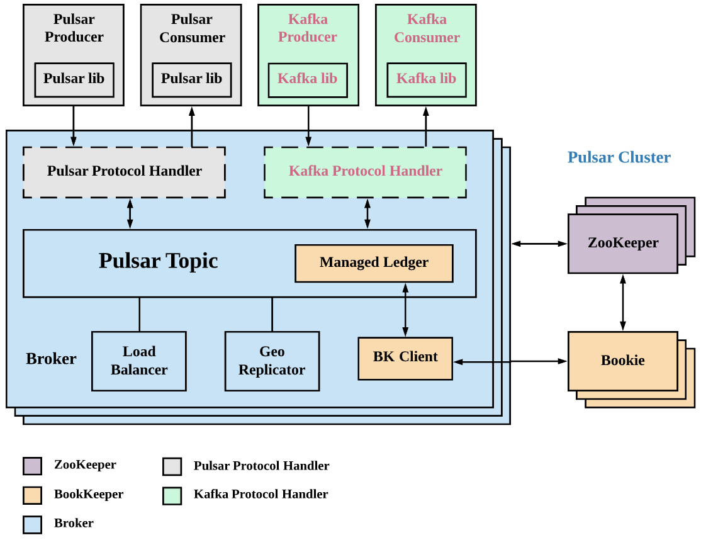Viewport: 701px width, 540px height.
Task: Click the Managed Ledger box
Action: (x=374, y=263)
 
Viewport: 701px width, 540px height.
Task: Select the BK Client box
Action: (x=405, y=358)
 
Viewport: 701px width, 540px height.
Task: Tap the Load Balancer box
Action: (x=139, y=361)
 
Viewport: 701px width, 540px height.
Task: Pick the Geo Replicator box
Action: (x=272, y=361)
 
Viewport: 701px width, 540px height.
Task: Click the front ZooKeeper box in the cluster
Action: (x=622, y=244)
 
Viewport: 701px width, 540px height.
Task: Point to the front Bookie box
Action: (x=622, y=361)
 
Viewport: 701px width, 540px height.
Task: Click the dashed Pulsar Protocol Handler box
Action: (x=124, y=172)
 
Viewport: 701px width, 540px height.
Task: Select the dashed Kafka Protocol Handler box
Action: (x=365, y=172)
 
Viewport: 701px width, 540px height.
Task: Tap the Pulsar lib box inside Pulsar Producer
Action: (x=74, y=79)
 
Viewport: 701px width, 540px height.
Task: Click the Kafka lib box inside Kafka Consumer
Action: (x=426, y=79)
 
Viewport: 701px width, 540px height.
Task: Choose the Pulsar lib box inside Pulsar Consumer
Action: (x=191, y=79)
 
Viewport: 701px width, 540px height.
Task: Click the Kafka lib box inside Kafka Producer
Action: (x=308, y=79)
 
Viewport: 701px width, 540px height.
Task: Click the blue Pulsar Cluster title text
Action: (x=619, y=157)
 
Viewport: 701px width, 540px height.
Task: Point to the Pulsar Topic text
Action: (x=158, y=261)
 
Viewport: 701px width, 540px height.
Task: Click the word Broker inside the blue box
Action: (x=51, y=359)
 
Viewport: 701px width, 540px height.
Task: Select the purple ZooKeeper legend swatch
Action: (x=32, y=466)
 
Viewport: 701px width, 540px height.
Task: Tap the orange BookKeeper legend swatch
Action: (x=32, y=495)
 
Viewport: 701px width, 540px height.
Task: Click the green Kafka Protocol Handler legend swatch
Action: (x=172, y=495)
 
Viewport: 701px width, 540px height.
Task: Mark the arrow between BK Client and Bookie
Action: (x=510, y=361)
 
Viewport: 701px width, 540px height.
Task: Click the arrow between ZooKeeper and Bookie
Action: (x=622, y=302)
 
